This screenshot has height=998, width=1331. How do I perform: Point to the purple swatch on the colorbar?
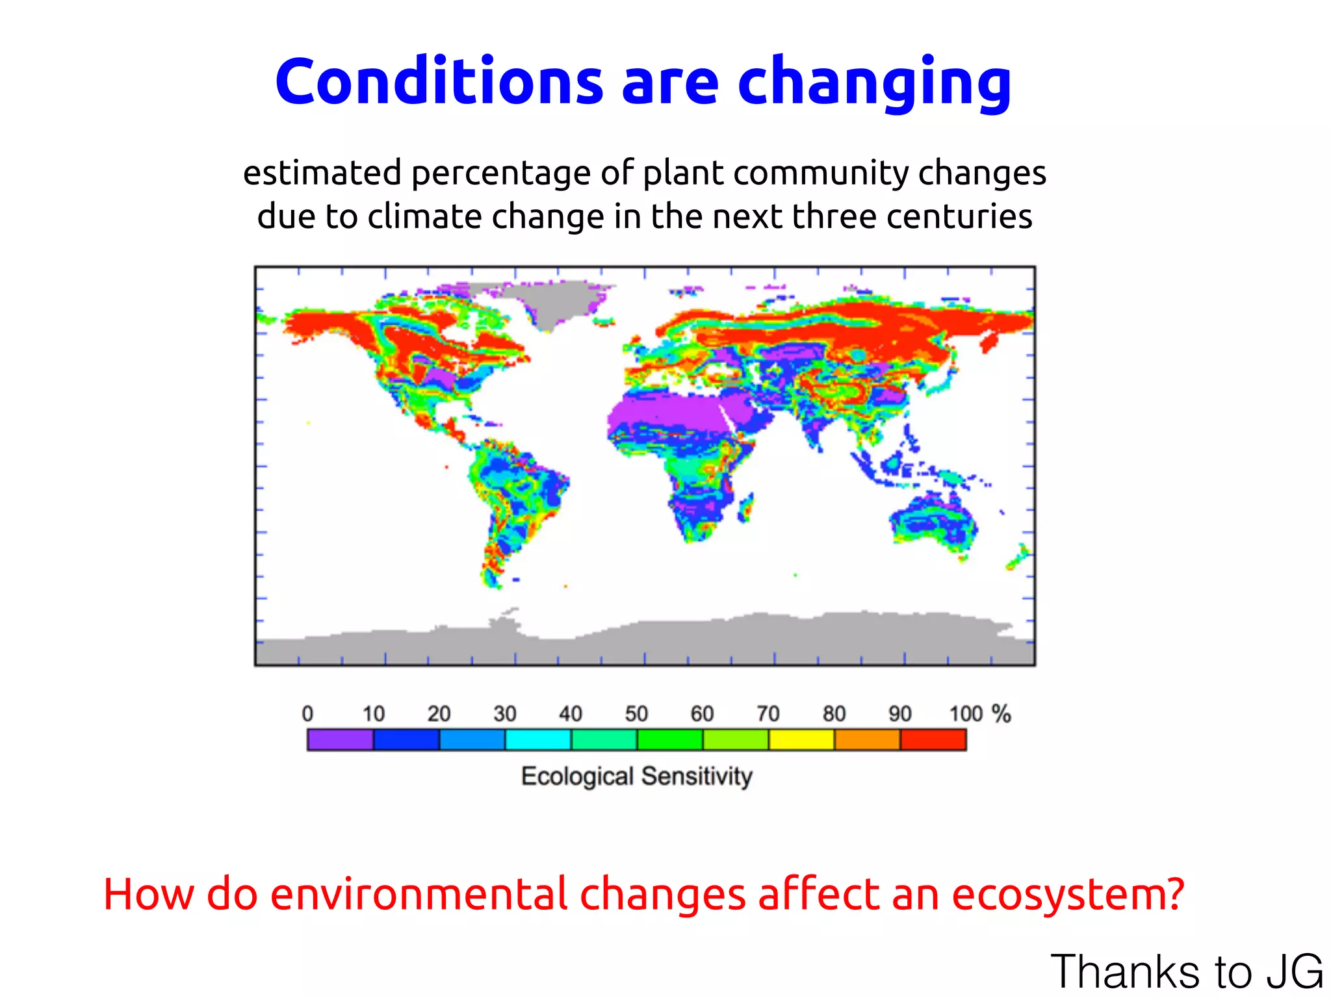click(x=340, y=739)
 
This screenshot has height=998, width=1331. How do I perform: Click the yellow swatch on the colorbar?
click(x=801, y=739)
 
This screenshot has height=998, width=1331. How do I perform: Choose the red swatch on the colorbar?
click(x=933, y=739)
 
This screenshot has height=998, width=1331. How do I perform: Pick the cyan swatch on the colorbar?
click(x=537, y=739)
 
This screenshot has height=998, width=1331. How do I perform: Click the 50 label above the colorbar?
click(x=636, y=714)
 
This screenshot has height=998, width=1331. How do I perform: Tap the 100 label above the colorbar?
click(x=965, y=714)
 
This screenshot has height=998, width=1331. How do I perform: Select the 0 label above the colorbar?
click(x=307, y=714)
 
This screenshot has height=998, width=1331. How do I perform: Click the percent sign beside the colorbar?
click(x=1001, y=714)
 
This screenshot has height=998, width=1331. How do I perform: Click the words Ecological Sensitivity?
click(x=636, y=776)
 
